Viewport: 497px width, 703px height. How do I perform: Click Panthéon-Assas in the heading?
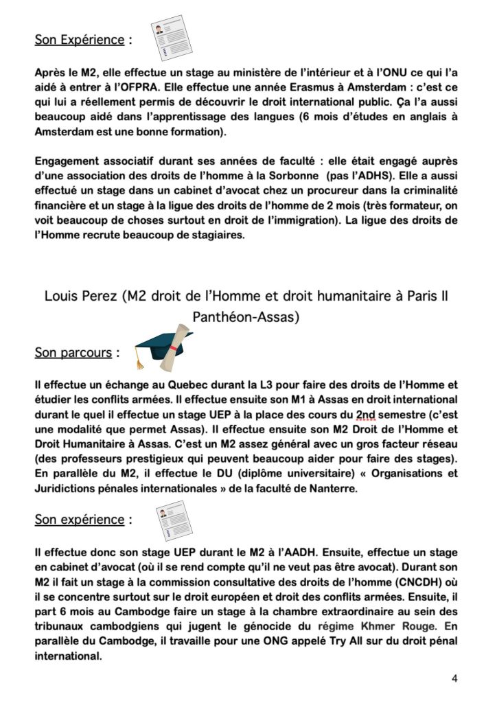pyautogui.click(x=245, y=318)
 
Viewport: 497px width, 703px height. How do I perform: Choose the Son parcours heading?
pyautogui.click(x=73, y=353)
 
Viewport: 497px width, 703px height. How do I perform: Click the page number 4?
pyautogui.click(x=454, y=678)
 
